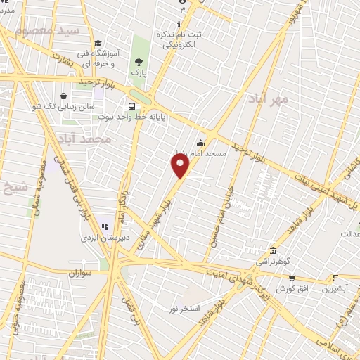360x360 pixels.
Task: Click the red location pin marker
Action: [181, 166]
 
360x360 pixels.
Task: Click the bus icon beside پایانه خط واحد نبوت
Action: [131, 107]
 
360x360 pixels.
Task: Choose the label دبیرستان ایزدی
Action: [103, 238]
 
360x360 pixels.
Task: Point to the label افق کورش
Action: [290, 289]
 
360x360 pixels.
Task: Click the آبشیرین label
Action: [334, 289]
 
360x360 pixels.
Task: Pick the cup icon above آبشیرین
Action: [335, 278]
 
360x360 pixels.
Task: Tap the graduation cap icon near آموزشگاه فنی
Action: [98, 43]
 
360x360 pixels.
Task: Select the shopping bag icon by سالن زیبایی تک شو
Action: [64, 96]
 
